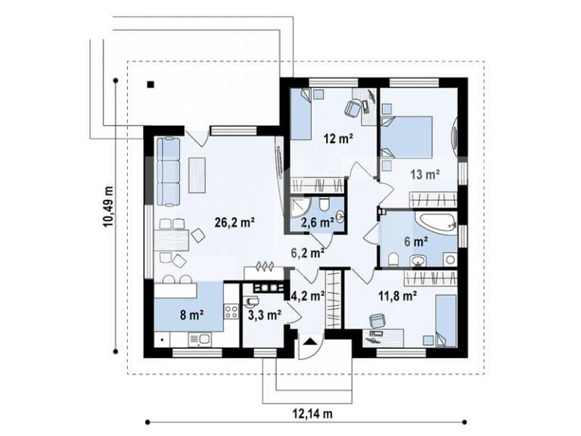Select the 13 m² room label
426,175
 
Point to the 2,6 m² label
318,223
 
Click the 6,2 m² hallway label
309,254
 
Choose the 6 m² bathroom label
418,242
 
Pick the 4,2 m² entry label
308,296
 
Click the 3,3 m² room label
264,312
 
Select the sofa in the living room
168,171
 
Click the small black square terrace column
151,84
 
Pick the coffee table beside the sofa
199,173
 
